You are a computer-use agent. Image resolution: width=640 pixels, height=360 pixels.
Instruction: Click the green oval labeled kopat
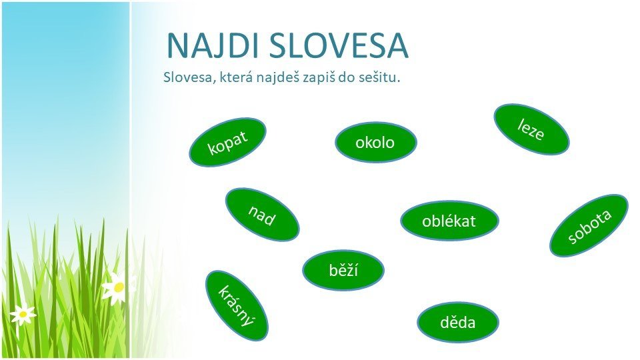coord(227,142)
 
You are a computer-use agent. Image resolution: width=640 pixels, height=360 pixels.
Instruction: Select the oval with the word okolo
coord(376,143)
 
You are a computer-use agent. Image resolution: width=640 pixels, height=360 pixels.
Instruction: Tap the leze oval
coord(531,129)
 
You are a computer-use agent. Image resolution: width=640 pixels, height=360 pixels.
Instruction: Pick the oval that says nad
coord(262,215)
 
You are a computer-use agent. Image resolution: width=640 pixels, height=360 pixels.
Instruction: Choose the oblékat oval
coord(449,221)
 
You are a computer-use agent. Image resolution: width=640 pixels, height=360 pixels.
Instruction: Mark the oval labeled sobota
coord(589,225)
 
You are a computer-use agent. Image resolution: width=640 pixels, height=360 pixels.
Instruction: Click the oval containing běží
coord(343,270)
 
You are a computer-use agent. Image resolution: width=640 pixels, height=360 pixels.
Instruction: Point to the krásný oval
coord(237,306)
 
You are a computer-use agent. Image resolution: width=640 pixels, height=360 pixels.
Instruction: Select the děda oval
coord(458,323)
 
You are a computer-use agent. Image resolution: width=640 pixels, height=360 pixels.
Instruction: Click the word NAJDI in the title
coord(212,46)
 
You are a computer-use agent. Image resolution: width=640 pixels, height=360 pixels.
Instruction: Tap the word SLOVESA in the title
coord(338,46)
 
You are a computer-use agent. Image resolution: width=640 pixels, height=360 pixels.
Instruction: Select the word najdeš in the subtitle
coord(277,77)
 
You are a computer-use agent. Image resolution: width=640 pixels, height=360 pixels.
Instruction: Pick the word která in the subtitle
coord(236,77)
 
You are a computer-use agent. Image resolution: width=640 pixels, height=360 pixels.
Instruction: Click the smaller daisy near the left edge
coord(23,313)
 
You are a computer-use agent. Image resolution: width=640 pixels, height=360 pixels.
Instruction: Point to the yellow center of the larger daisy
coord(119,287)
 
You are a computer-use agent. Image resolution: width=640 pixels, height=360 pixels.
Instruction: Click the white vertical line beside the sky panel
coord(130,180)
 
